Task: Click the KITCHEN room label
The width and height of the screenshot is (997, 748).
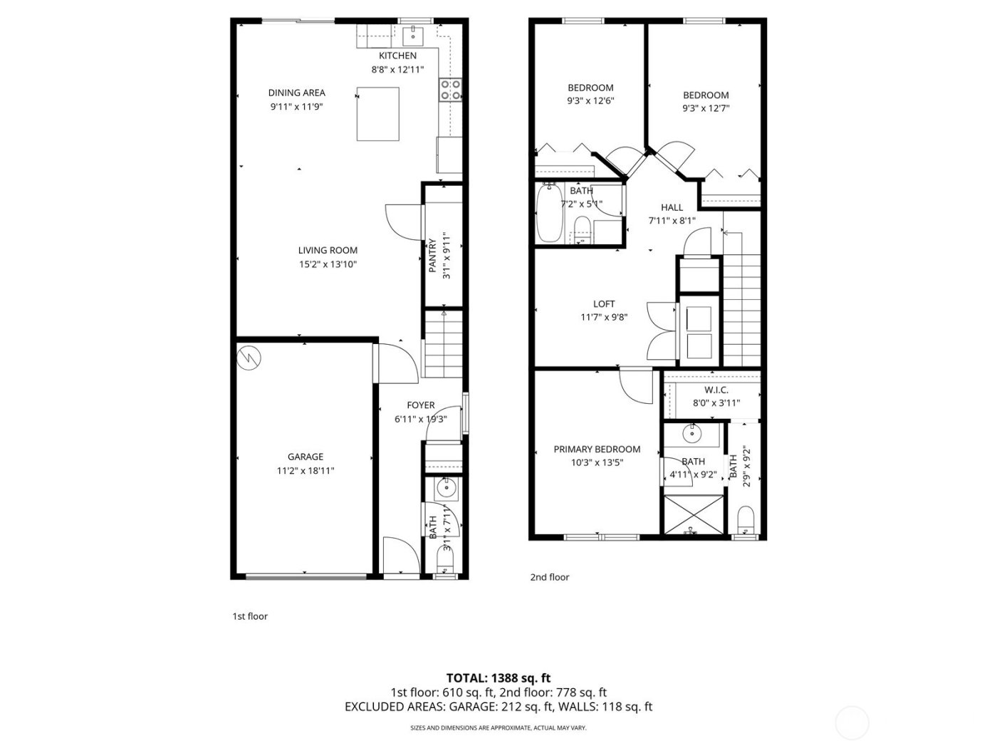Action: (x=397, y=56)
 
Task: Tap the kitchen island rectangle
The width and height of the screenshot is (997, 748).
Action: (x=377, y=114)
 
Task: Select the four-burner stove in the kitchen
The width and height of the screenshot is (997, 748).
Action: (x=450, y=89)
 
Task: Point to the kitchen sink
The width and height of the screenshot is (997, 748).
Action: (x=412, y=33)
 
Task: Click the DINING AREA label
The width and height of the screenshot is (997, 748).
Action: (x=296, y=93)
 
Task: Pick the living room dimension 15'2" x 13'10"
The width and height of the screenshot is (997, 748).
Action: (x=328, y=264)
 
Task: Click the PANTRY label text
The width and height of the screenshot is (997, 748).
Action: (x=432, y=255)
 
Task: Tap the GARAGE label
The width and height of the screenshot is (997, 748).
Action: (x=306, y=457)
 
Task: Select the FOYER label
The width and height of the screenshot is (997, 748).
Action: (x=420, y=405)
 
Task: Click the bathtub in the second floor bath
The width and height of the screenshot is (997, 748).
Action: (x=549, y=213)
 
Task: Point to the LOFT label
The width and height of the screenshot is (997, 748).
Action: (x=604, y=304)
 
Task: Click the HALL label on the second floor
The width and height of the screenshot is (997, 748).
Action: (x=672, y=207)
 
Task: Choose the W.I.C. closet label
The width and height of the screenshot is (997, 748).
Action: (x=716, y=390)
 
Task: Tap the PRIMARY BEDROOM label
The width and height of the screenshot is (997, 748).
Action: (x=597, y=450)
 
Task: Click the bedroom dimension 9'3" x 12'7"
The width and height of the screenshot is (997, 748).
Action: (x=706, y=109)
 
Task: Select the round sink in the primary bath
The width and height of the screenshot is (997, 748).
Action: (x=692, y=433)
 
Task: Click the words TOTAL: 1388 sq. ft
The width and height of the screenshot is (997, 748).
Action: (x=498, y=678)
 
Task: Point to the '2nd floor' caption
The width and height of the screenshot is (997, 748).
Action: (x=549, y=577)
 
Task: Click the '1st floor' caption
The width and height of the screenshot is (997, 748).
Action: (x=250, y=616)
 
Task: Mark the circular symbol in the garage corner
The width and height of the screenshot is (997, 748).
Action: (x=249, y=358)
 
